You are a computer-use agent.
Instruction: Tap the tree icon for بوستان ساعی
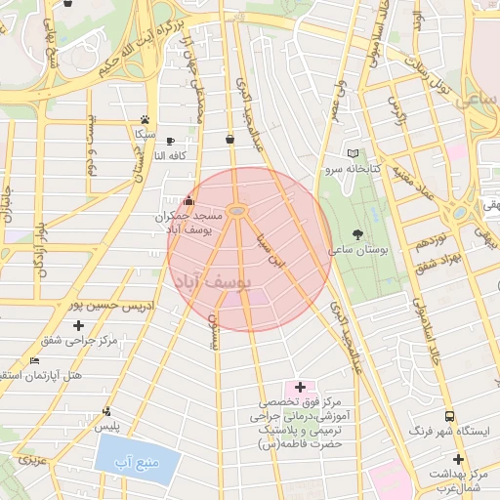tap(358, 234)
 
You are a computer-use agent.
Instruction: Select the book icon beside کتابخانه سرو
tap(353, 153)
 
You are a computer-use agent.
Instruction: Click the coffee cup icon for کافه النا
tap(171, 141)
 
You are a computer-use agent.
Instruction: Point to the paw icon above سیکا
tap(146, 118)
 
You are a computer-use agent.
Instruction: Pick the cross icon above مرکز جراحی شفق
tap(79, 325)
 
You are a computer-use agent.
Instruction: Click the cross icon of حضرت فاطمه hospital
tap(301, 388)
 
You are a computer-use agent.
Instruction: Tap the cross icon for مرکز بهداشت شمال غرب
tap(457, 459)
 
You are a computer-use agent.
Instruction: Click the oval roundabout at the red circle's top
tap(238, 211)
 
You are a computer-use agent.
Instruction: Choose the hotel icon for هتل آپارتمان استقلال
tap(35, 361)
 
